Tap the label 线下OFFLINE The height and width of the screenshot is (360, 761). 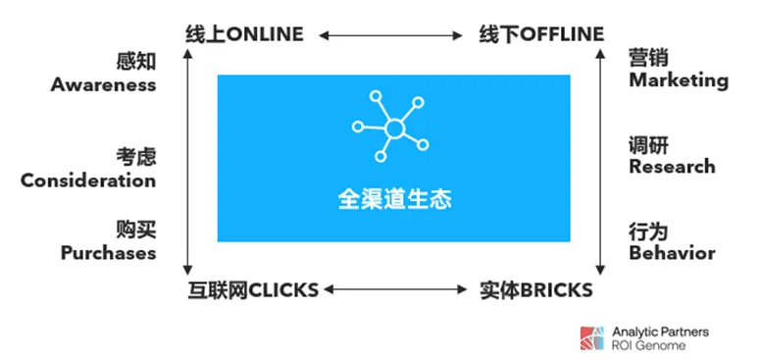[x=541, y=34]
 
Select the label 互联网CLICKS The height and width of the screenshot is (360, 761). [x=253, y=289]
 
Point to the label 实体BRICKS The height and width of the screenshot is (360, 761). [x=535, y=289]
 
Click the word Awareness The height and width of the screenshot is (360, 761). [x=103, y=84]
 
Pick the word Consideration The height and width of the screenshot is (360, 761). [x=88, y=180]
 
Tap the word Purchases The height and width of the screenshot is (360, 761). [x=108, y=252]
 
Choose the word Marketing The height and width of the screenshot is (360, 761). [x=679, y=80]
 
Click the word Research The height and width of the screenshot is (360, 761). [x=672, y=166]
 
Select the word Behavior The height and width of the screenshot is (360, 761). [x=672, y=253]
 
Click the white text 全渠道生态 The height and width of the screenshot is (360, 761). [x=394, y=199]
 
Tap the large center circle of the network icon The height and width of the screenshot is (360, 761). [x=394, y=129]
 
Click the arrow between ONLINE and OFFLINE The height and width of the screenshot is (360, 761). [x=390, y=35]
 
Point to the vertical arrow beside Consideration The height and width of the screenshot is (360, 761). [x=186, y=162]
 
